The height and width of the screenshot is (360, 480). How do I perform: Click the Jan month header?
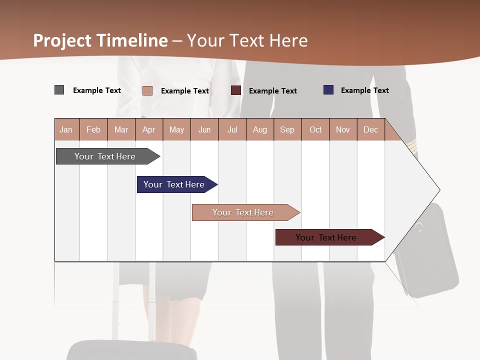(x=66, y=129)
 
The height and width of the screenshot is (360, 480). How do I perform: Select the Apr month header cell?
(x=149, y=129)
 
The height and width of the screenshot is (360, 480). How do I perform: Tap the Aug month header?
(x=259, y=129)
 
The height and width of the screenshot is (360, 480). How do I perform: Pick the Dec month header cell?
(x=370, y=129)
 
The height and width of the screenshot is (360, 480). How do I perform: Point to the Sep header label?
(x=287, y=129)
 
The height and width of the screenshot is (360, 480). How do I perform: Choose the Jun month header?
(x=204, y=129)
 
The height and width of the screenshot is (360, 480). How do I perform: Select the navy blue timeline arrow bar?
(x=175, y=184)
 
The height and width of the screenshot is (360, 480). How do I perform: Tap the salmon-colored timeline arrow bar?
(x=244, y=212)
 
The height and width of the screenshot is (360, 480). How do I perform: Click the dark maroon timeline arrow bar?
(x=327, y=237)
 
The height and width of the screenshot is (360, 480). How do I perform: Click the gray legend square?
(x=59, y=90)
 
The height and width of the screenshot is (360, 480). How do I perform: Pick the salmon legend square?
(x=147, y=90)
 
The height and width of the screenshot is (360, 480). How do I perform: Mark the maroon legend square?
(x=236, y=90)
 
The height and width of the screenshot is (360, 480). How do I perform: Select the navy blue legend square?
(x=328, y=90)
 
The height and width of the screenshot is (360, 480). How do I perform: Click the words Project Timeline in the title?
(x=100, y=40)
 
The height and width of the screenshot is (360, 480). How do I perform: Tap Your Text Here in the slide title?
(x=247, y=40)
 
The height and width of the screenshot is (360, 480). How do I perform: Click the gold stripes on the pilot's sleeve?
(x=411, y=146)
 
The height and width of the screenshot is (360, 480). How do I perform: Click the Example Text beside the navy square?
(x=364, y=90)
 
